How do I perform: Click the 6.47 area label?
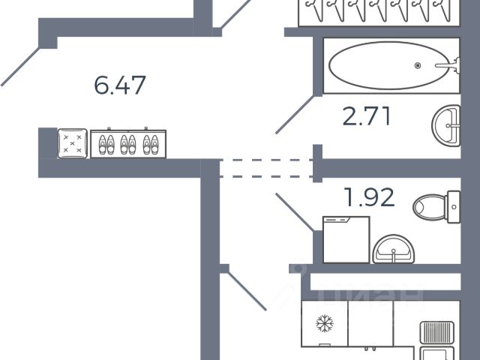click(x=120, y=84)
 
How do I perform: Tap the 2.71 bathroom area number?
click(x=367, y=117)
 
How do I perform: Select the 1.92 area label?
click(x=368, y=199)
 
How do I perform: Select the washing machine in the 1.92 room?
click(x=346, y=239)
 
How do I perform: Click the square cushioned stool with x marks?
click(x=73, y=142)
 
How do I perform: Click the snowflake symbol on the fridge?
click(x=325, y=324)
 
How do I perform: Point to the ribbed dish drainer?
click(x=435, y=332)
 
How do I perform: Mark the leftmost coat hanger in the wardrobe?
click(x=311, y=11)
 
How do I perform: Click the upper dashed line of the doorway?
click(x=266, y=159)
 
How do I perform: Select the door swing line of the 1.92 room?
click(x=295, y=212)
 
